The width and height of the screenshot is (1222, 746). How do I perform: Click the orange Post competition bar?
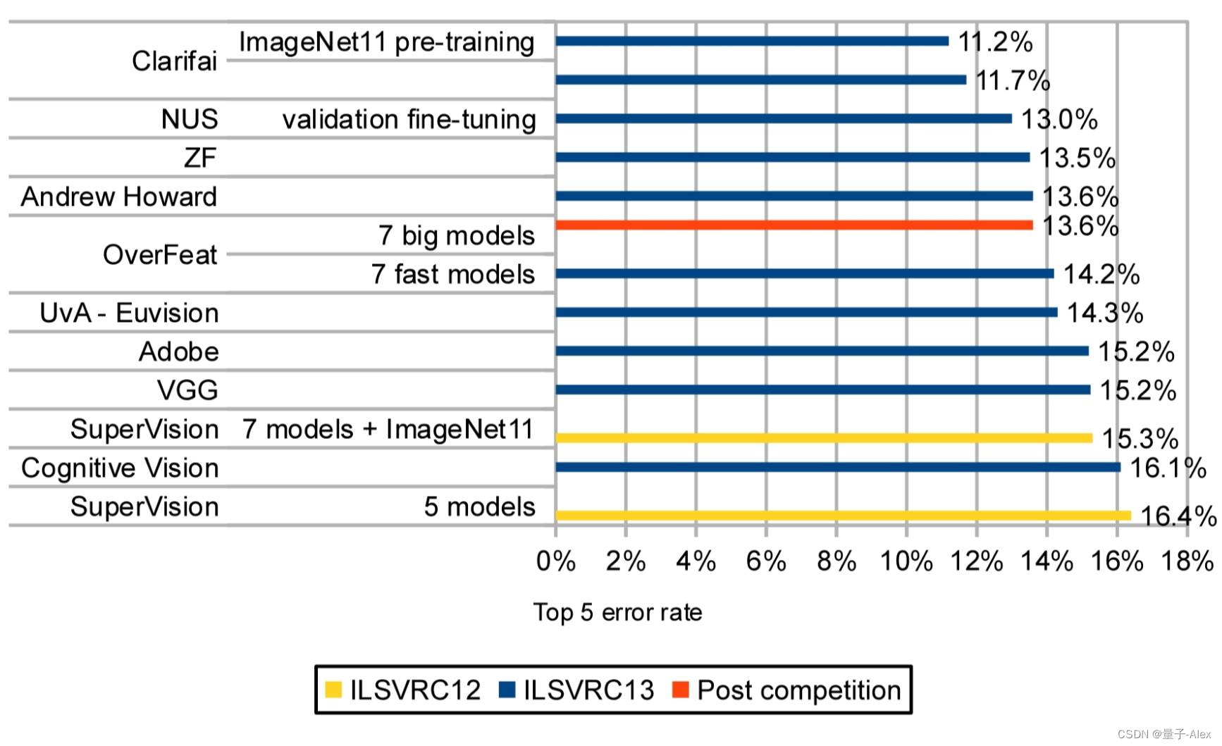[x=794, y=225]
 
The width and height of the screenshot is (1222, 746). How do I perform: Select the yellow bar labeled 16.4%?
[x=843, y=516]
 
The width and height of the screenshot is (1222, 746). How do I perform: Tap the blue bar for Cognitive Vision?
[x=837, y=467]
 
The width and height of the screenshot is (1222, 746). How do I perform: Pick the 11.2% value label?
[x=995, y=42]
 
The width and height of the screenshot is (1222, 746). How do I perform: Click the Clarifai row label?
[x=174, y=61]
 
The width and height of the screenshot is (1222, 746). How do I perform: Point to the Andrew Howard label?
[x=118, y=197]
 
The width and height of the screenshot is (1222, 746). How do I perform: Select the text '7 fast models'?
[x=453, y=274]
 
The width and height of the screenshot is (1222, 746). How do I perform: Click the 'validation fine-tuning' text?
[x=409, y=119]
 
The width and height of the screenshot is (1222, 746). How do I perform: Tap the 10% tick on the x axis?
[x=906, y=561]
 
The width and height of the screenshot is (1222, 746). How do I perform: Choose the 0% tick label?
[x=555, y=561]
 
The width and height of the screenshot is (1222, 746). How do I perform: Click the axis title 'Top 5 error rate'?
[x=617, y=612]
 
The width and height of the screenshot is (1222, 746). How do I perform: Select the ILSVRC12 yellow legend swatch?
[x=333, y=690]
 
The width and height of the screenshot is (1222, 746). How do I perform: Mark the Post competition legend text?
[x=798, y=690]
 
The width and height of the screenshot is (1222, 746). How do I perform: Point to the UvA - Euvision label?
[x=129, y=313]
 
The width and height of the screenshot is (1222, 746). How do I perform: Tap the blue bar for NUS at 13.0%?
[x=783, y=118]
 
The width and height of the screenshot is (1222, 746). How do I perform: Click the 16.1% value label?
[x=1168, y=468]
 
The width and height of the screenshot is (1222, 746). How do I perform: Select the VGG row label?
[x=187, y=390]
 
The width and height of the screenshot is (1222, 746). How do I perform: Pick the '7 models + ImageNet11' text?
[x=388, y=429]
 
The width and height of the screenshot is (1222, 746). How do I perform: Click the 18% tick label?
[x=1187, y=561]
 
